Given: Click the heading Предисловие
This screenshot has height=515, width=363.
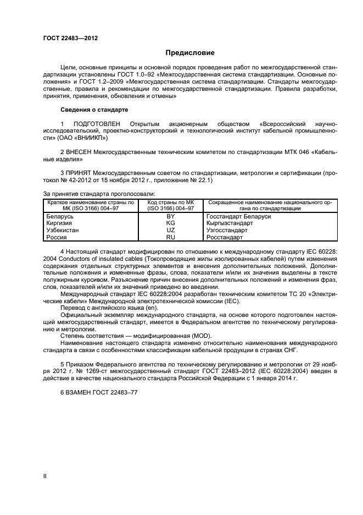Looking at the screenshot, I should [191, 53].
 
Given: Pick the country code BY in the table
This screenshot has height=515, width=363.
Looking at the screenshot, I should [170, 216].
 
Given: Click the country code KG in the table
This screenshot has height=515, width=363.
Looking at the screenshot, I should [170, 223].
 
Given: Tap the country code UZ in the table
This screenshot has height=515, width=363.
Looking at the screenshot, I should [170, 231].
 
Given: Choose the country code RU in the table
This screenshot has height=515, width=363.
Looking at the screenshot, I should [170, 238].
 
